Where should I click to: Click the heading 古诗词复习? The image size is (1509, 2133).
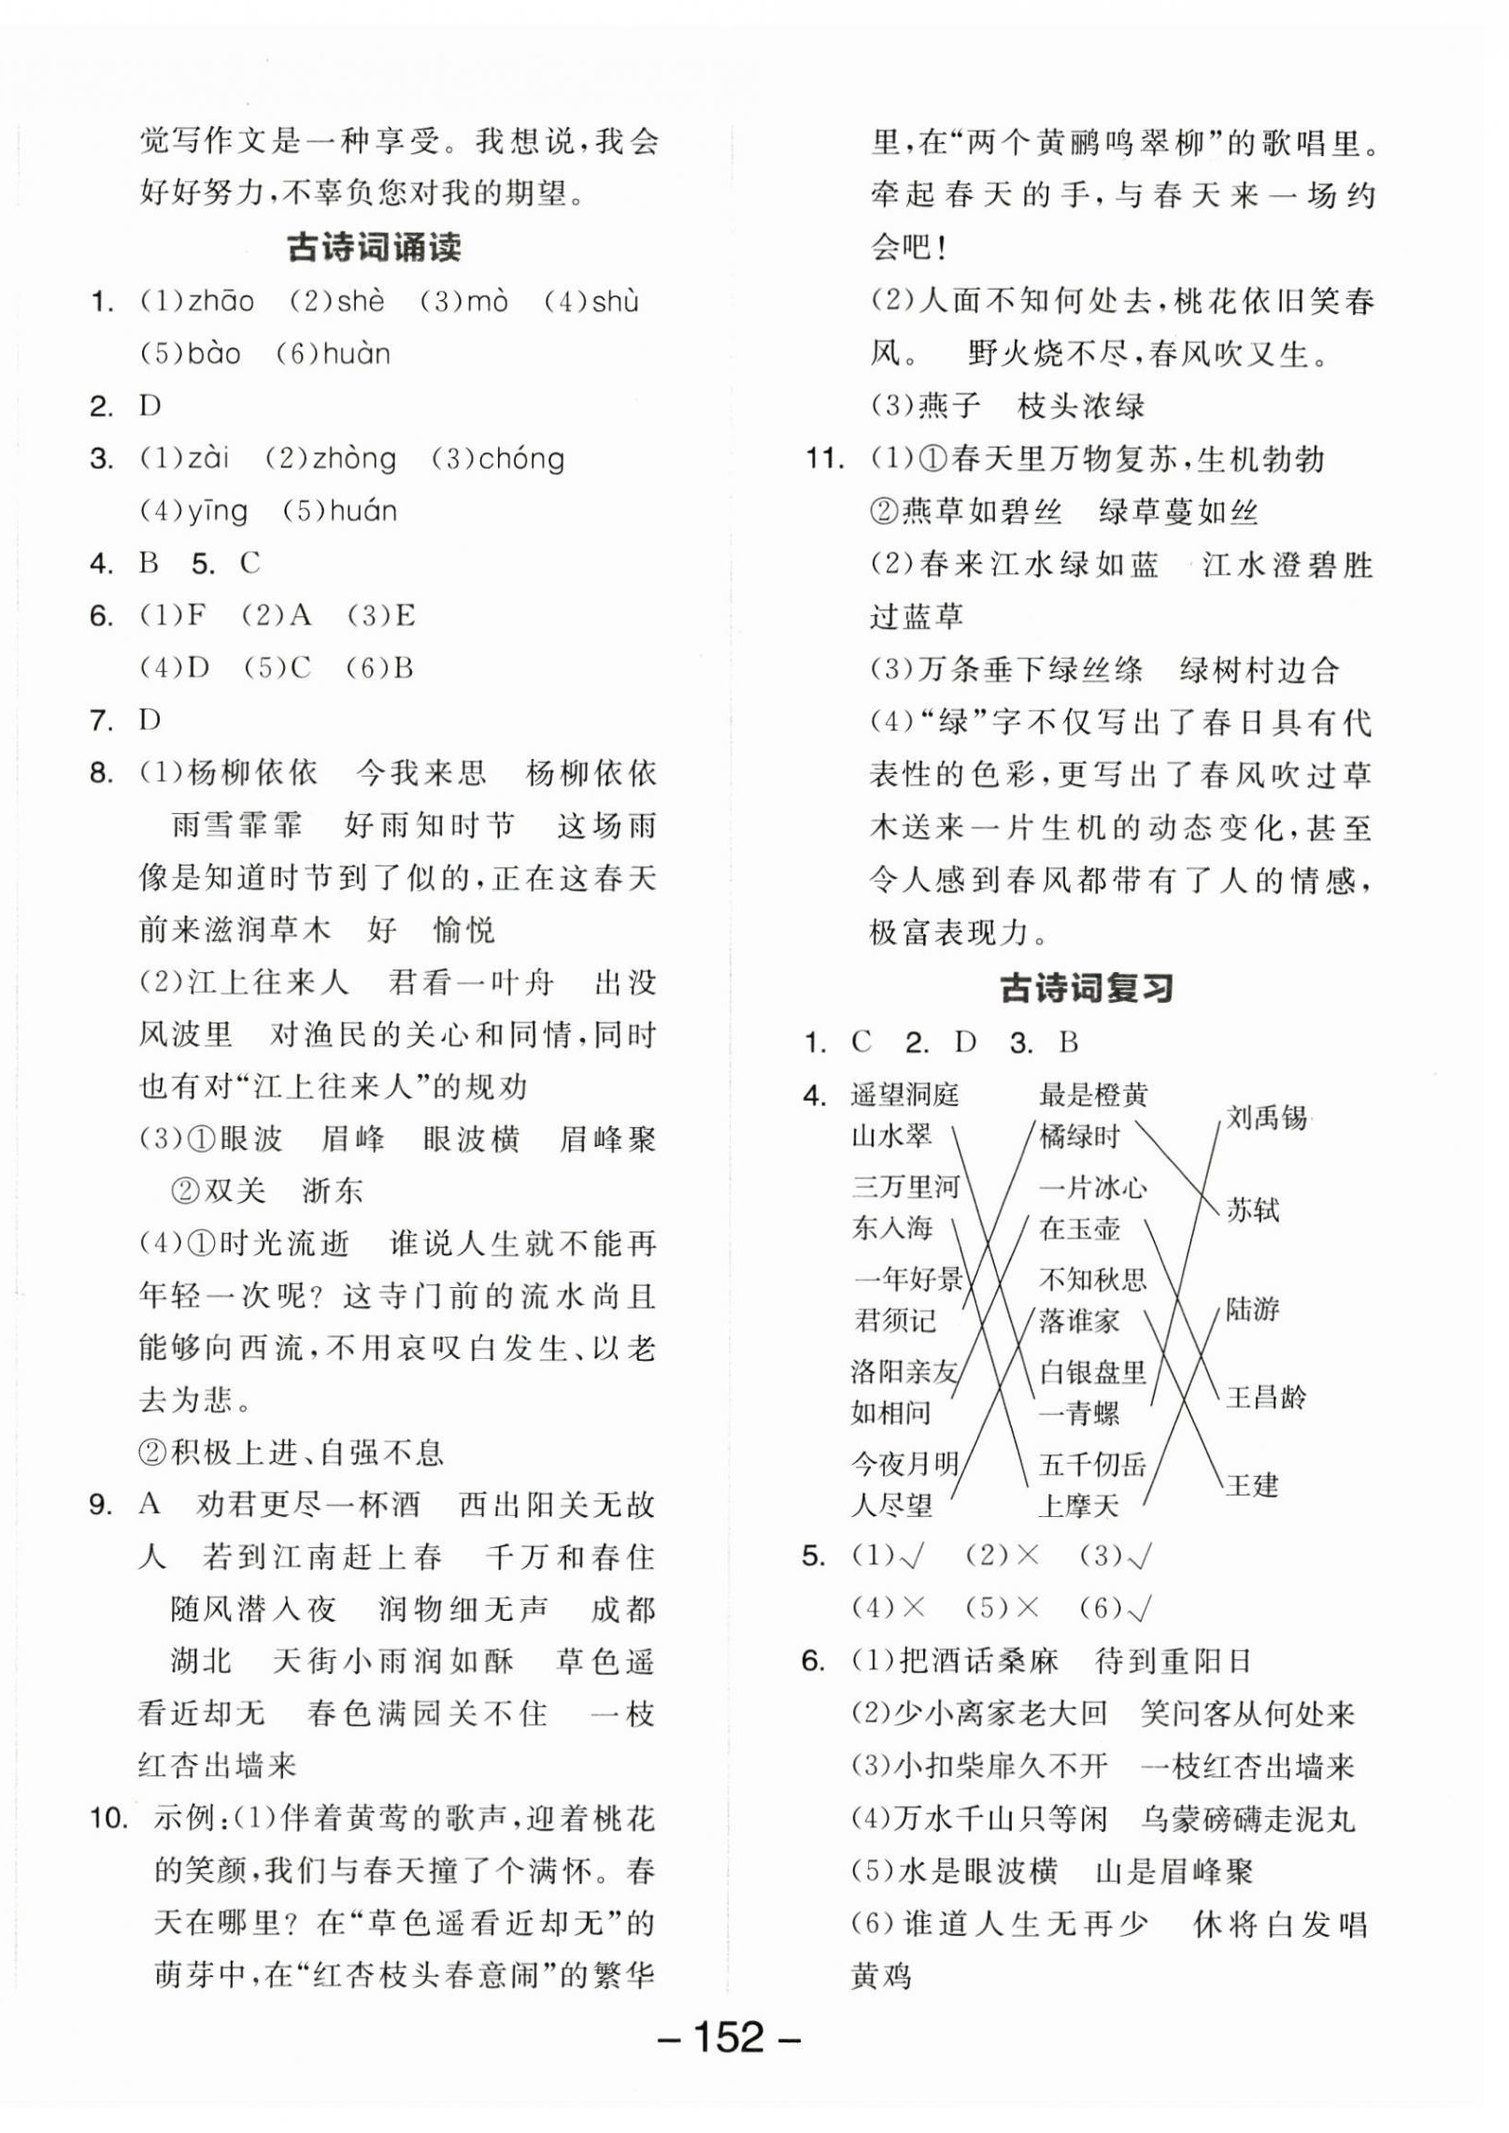(x=1086, y=988)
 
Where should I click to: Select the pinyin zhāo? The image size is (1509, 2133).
(x=221, y=302)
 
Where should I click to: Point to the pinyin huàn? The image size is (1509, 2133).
(x=355, y=354)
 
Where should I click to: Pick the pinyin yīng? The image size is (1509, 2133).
(x=217, y=511)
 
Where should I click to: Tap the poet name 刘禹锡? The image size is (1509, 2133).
(x=1266, y=1117)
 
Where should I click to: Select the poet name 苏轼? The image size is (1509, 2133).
(x=1252, y=1210)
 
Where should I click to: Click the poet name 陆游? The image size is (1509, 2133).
(x=1252, y=1310)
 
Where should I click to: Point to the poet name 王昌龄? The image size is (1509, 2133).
(x=1266, y=1397)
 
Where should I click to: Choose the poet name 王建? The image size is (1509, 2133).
(x=1252, y=1484)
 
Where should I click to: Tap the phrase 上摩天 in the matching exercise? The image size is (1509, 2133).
(x=1078, y=1506)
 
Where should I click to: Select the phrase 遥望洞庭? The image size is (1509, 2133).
(x=904, y=1095)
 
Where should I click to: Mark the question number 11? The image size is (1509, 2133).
(x=824, y=459)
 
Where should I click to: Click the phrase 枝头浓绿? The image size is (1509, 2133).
(x=1080, y=407)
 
